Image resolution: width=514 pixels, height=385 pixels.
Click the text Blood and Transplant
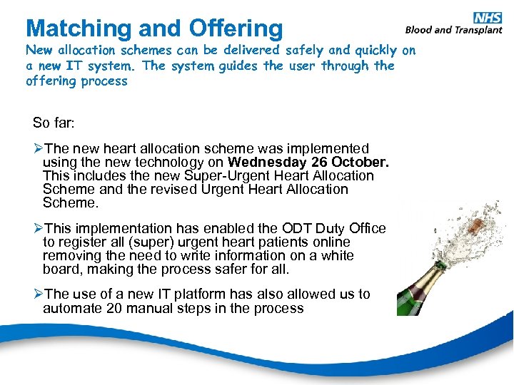click(x=453, y=30)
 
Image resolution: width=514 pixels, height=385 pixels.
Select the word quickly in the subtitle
click(x=376, y=51)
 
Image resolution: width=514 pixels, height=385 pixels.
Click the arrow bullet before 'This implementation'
click(x=38, y=229)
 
